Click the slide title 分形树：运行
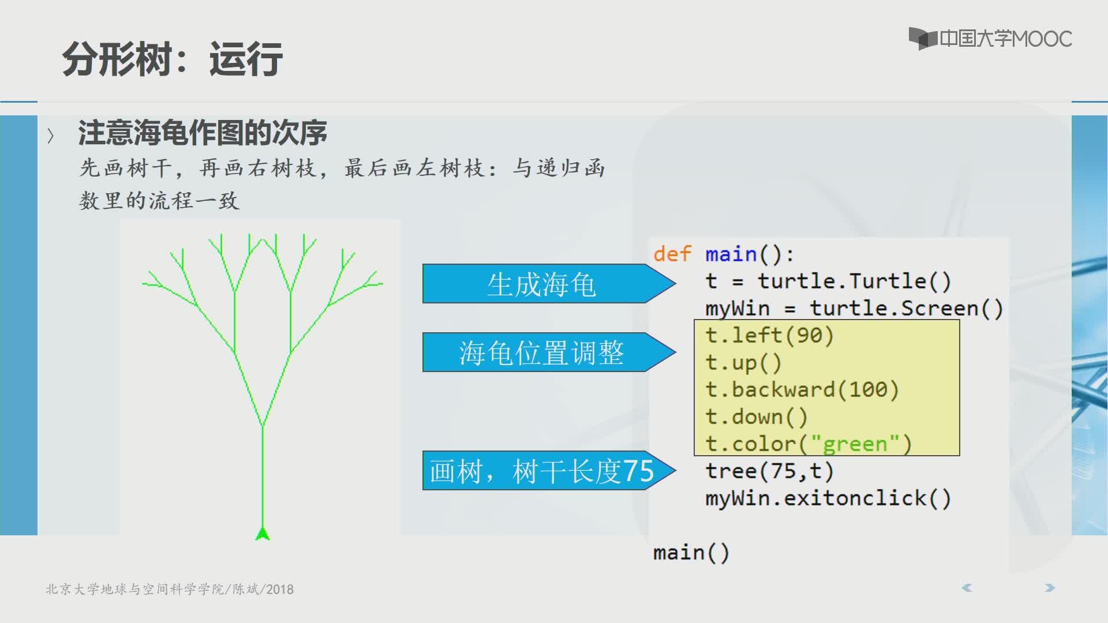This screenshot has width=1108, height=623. click(172, 59)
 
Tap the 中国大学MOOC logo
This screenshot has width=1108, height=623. click(990, 39)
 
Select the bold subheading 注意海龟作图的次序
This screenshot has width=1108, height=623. click(203, 133)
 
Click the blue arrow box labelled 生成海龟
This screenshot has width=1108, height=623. click(549, 284)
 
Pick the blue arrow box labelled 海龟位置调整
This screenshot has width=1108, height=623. click(549, 352)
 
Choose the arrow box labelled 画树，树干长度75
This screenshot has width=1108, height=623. click(549, 470)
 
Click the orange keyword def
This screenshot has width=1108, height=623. click(672, 254)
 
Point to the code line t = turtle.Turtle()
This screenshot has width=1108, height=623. click(828, 281)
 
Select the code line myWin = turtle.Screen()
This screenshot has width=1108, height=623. click(854, 308)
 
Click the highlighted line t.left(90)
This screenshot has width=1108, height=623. click(769, 335)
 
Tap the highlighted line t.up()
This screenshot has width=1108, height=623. click(743, 363)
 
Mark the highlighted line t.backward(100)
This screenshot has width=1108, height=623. click(802, 389)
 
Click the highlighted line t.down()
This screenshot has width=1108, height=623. click(756, 416)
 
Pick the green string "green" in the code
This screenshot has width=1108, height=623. click(855, 444)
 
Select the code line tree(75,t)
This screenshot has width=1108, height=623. click(769, 471)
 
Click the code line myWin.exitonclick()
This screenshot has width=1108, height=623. click(828, 498)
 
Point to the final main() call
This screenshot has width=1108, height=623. click(691, 553)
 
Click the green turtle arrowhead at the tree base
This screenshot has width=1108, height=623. click(263, 534)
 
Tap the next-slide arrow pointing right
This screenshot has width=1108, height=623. click(1050, 588)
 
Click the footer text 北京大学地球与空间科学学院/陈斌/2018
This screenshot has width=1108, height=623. click(170, 589)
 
